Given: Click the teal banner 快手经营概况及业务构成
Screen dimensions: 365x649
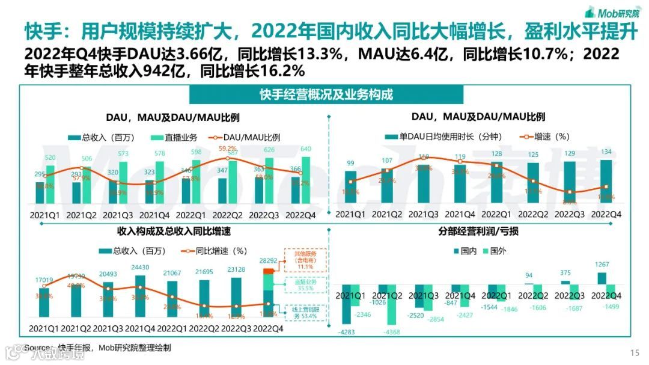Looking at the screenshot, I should point(326,95).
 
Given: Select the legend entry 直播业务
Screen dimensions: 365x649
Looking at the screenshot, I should point(178,137).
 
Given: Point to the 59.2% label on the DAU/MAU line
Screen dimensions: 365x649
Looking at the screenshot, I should point(227,148).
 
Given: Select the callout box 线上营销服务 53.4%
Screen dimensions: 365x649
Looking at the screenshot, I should point(305,312).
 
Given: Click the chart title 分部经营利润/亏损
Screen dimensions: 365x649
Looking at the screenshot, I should point(479,232).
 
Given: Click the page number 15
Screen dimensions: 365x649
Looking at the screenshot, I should point(634,352).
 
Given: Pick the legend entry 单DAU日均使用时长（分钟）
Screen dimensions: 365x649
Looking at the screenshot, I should point(446,137).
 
